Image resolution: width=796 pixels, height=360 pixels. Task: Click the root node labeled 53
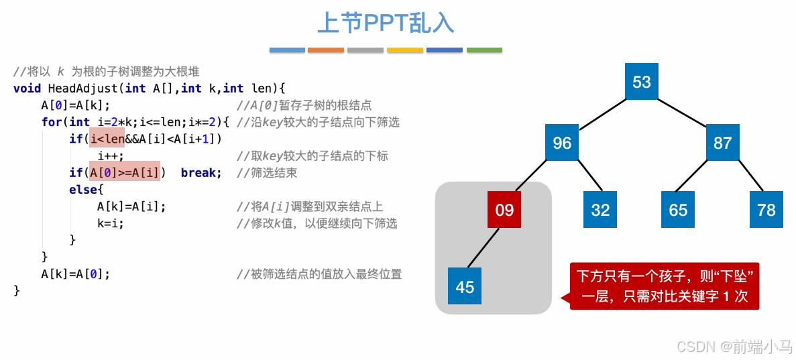[x=642, y=82]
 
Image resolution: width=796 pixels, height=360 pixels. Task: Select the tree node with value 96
[x=562, y=143]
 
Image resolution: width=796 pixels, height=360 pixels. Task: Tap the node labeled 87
[x=722, y=143]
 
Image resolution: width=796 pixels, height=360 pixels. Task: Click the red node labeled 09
[x=504, y=210]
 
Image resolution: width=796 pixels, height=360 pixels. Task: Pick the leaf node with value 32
[x=600, y=210]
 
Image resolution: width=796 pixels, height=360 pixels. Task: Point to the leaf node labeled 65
[x=678, y=210]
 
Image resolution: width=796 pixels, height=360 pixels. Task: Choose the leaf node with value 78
[x=766, y=210]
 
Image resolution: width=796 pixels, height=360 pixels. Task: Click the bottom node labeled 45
[x=465, y=287]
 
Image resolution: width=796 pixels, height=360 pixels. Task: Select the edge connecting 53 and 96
[x=602, y=113]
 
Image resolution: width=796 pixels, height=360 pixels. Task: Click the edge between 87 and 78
[x=744, y=176]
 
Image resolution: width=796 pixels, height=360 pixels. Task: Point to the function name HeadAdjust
[x=83, y=88]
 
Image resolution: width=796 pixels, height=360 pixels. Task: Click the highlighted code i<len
[x=107, y=138]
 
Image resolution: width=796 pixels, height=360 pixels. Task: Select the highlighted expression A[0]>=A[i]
[x=125, y=172]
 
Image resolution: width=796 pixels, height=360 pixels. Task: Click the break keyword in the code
[x=198, y=172]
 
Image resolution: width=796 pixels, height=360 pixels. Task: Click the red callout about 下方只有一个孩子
[x=664, y=286]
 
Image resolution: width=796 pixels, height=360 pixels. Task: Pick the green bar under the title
[x=484, y=50]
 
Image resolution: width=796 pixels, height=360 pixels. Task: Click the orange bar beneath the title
[x=325, y=50]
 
